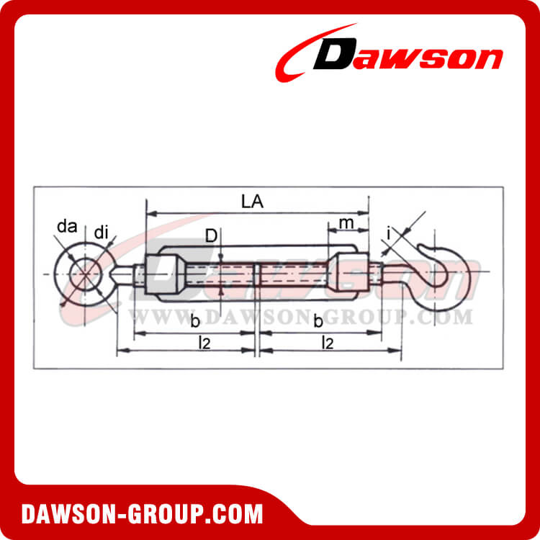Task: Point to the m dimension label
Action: pos(347,223)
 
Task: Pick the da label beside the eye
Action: pos(67,228)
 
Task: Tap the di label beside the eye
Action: pos(102,232)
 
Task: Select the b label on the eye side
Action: pos(195,320)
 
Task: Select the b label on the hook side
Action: pos(318,320)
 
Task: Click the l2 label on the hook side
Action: pos(328,343)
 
